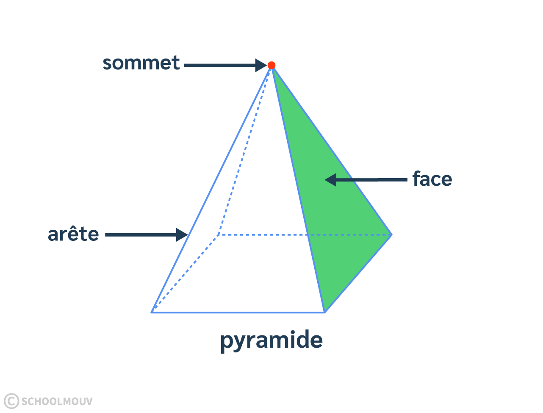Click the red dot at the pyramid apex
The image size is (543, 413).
[x=271, y=65]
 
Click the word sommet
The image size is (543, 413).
[x=141, y=63]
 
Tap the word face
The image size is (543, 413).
[x=432, y=179]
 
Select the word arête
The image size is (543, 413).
[x=73, y=234]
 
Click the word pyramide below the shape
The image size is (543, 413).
[x=271, y=340]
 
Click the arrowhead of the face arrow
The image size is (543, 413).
[x=331, y=180]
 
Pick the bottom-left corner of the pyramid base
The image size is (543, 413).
[x=152, y=312]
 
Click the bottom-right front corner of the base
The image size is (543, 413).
[x=324, y=312]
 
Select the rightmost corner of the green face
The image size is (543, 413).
[x=391, y=234]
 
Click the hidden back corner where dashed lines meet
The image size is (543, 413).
[x=218, y=234]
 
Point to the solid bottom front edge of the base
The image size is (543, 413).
[x=237, y=313]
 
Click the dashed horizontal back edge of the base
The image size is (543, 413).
[x=263, y=234]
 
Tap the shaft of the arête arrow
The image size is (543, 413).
[x=140, y=234]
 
